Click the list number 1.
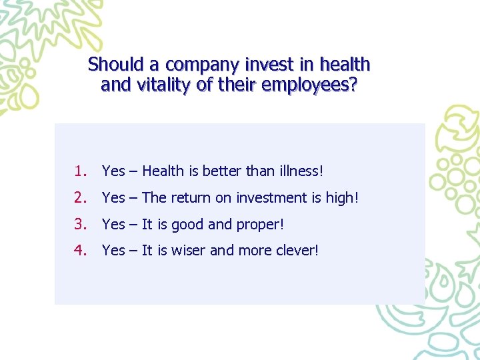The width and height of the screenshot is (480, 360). pos(81,171)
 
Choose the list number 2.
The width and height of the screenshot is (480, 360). pos(81,198)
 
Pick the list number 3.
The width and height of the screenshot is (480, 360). pos(81,225)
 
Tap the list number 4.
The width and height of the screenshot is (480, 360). pos(81,251)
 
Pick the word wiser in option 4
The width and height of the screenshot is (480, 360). pos(189,251)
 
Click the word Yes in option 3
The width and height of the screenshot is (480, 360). pos(113,225)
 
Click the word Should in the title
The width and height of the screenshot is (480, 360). pos(116,65)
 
